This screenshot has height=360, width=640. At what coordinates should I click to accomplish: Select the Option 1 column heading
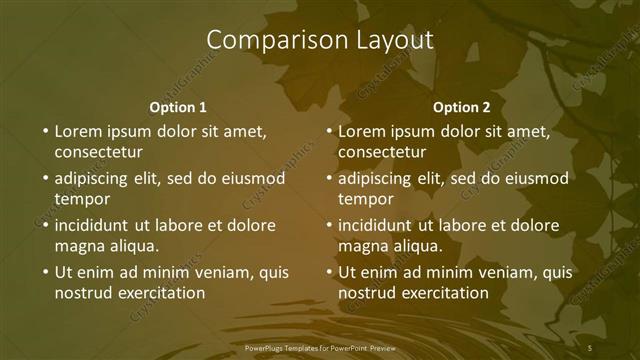[x=178, y=107]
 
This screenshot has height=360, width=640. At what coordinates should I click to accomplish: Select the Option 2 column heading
[x=462, y=107]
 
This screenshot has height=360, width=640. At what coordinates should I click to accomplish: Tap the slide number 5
[x=590, y=347]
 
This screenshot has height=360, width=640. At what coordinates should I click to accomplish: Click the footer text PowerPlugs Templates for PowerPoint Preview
[x=320, y=347]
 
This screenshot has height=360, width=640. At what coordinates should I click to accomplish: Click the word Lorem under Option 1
[x=78, y=131]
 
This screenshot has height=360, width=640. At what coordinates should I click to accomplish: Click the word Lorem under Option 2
[x=362, y=131]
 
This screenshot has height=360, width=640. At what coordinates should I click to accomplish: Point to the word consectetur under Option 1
[x=98, y=152]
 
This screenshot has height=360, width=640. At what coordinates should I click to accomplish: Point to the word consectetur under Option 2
[x=382, y=152]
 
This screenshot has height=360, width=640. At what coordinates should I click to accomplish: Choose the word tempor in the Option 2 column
[x=366, y=199]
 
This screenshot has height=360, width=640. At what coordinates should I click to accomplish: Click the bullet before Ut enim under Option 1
[x=44, y=273]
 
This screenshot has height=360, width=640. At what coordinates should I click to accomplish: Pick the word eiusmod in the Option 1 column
[x=254, y=179]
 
